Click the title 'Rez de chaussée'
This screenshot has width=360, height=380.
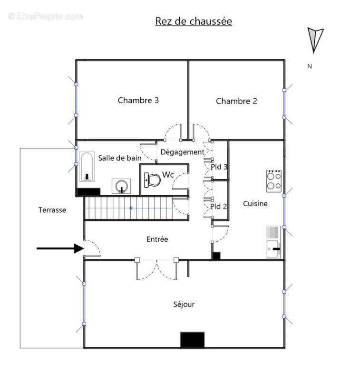[194, 21]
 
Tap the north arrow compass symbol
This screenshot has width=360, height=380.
[314, 40]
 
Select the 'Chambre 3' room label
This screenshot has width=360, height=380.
[138, 100]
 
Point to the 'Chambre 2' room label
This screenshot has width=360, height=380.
[236, 101]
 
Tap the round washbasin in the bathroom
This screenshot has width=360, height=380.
[122, 186]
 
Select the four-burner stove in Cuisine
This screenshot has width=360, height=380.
[273, 180]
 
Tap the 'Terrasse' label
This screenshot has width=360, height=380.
[52, 209]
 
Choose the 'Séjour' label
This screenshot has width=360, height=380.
[184, 304]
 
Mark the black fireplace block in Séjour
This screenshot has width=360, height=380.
[192, 339]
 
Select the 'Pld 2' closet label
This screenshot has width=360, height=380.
[219, 206]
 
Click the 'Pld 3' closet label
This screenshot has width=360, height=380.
[219, 167]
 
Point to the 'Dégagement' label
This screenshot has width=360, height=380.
[182, 152]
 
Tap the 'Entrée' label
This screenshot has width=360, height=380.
[157, 239]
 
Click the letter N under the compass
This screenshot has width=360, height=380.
[310, 66]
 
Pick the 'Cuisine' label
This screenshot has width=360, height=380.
[255, 203]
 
